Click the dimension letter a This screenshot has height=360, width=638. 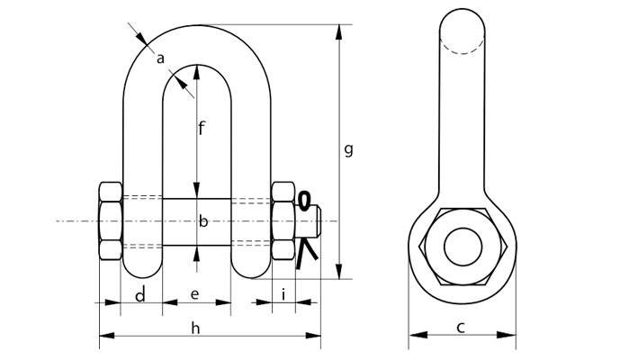point(160,59)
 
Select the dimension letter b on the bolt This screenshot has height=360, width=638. point(202,221)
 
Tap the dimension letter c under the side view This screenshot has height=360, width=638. point(460,327)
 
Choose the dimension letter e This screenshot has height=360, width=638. point(196,295)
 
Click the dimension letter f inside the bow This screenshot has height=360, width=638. point(202,128)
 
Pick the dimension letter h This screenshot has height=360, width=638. point(196,327)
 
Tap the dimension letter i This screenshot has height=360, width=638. point(283,294)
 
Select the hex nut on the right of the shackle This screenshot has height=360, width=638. point(283,221)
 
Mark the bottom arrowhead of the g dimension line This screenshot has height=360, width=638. point(339,273)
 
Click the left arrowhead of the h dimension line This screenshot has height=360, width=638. point(103,336)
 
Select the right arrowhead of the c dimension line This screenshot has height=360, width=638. point(511,336)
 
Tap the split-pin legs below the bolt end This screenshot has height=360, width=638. point(309,256)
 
